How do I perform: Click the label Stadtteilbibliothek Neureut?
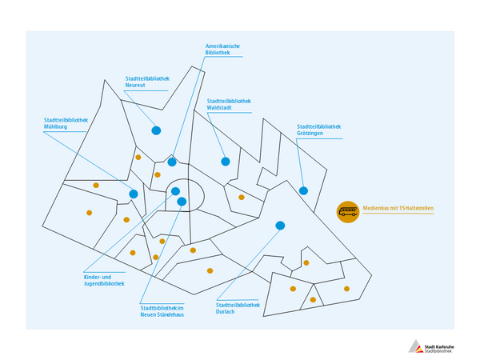(x=146, y=84)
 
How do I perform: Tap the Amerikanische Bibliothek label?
(x=223, y=50)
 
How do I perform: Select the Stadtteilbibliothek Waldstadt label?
(x=229, y=104)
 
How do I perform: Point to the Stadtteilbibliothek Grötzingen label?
(x=318, y=130)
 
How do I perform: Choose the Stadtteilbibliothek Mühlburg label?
(x=66, y=123)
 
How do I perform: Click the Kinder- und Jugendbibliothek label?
(x=104, y=279)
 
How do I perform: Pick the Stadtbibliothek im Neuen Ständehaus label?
(x=162, y=311)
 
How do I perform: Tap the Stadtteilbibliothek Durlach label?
(x=238, y=308)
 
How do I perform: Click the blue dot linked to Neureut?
(x=157, y=130)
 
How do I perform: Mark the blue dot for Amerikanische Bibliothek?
(x=172, y=162)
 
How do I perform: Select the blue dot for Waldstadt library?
(x=226, y=161)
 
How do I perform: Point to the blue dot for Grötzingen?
(x=303, y=190)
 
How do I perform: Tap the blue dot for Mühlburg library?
(x=134, y=194)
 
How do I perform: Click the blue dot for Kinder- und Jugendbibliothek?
(x=174, y=190)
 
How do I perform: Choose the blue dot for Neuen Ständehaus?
(x=182, y=202)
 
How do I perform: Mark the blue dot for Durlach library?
(x=280, y=226)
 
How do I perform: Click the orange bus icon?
(x=348, y=212)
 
